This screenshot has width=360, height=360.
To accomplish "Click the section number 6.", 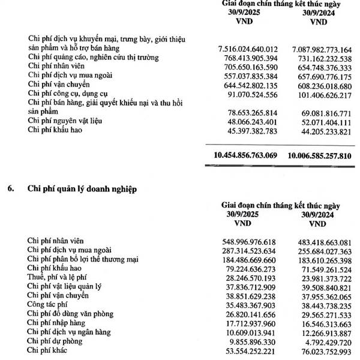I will pyautogui.click(x=11, y=188).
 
